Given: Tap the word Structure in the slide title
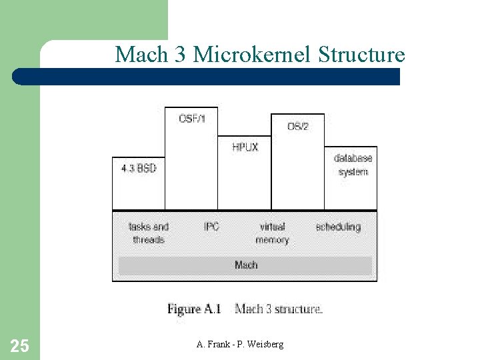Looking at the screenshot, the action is coord(361,54).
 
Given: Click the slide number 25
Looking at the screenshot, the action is coord(20,345).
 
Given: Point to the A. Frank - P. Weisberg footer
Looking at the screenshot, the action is coord(240,344).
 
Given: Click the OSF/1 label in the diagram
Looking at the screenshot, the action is coord(192,119).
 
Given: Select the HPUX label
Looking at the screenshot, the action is coord(245,147).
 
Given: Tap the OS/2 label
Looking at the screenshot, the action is coord(297,126).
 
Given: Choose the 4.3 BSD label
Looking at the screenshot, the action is coord(139,169).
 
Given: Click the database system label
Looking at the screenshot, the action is coord(353,165).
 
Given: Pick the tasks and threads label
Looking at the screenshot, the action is coord(149,233).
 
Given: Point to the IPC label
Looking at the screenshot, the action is coord(211,227).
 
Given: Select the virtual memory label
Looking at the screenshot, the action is coord(272,233).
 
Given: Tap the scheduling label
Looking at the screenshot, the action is coord(338,227).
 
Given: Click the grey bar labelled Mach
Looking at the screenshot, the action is coord(245,265).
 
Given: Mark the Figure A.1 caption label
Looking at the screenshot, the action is coord(194,309).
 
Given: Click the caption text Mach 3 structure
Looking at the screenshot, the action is coord(279,309).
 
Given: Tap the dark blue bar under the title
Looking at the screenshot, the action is coord(207,77).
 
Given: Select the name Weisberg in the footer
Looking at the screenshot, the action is coord(265,344).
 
